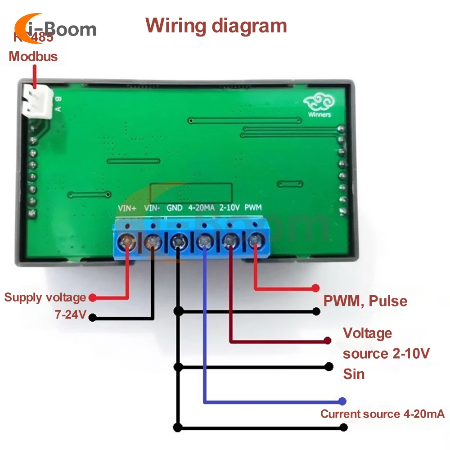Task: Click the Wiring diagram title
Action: coord(216,26)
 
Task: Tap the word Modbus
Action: coord(33,57)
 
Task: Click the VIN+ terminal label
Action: coord(126,208)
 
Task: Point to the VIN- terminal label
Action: coord(152,208)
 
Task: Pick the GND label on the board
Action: coord(175,208)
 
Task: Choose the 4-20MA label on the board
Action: coord(201,208)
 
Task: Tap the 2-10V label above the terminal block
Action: coord(228,208)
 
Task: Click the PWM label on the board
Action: coord(253,208)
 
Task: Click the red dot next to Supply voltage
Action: coord(92,297)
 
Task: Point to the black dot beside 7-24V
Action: coord(92,318)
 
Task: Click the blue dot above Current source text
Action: coord(343,401)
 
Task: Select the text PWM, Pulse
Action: coord(365,301)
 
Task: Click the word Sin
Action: coord(354,374)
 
